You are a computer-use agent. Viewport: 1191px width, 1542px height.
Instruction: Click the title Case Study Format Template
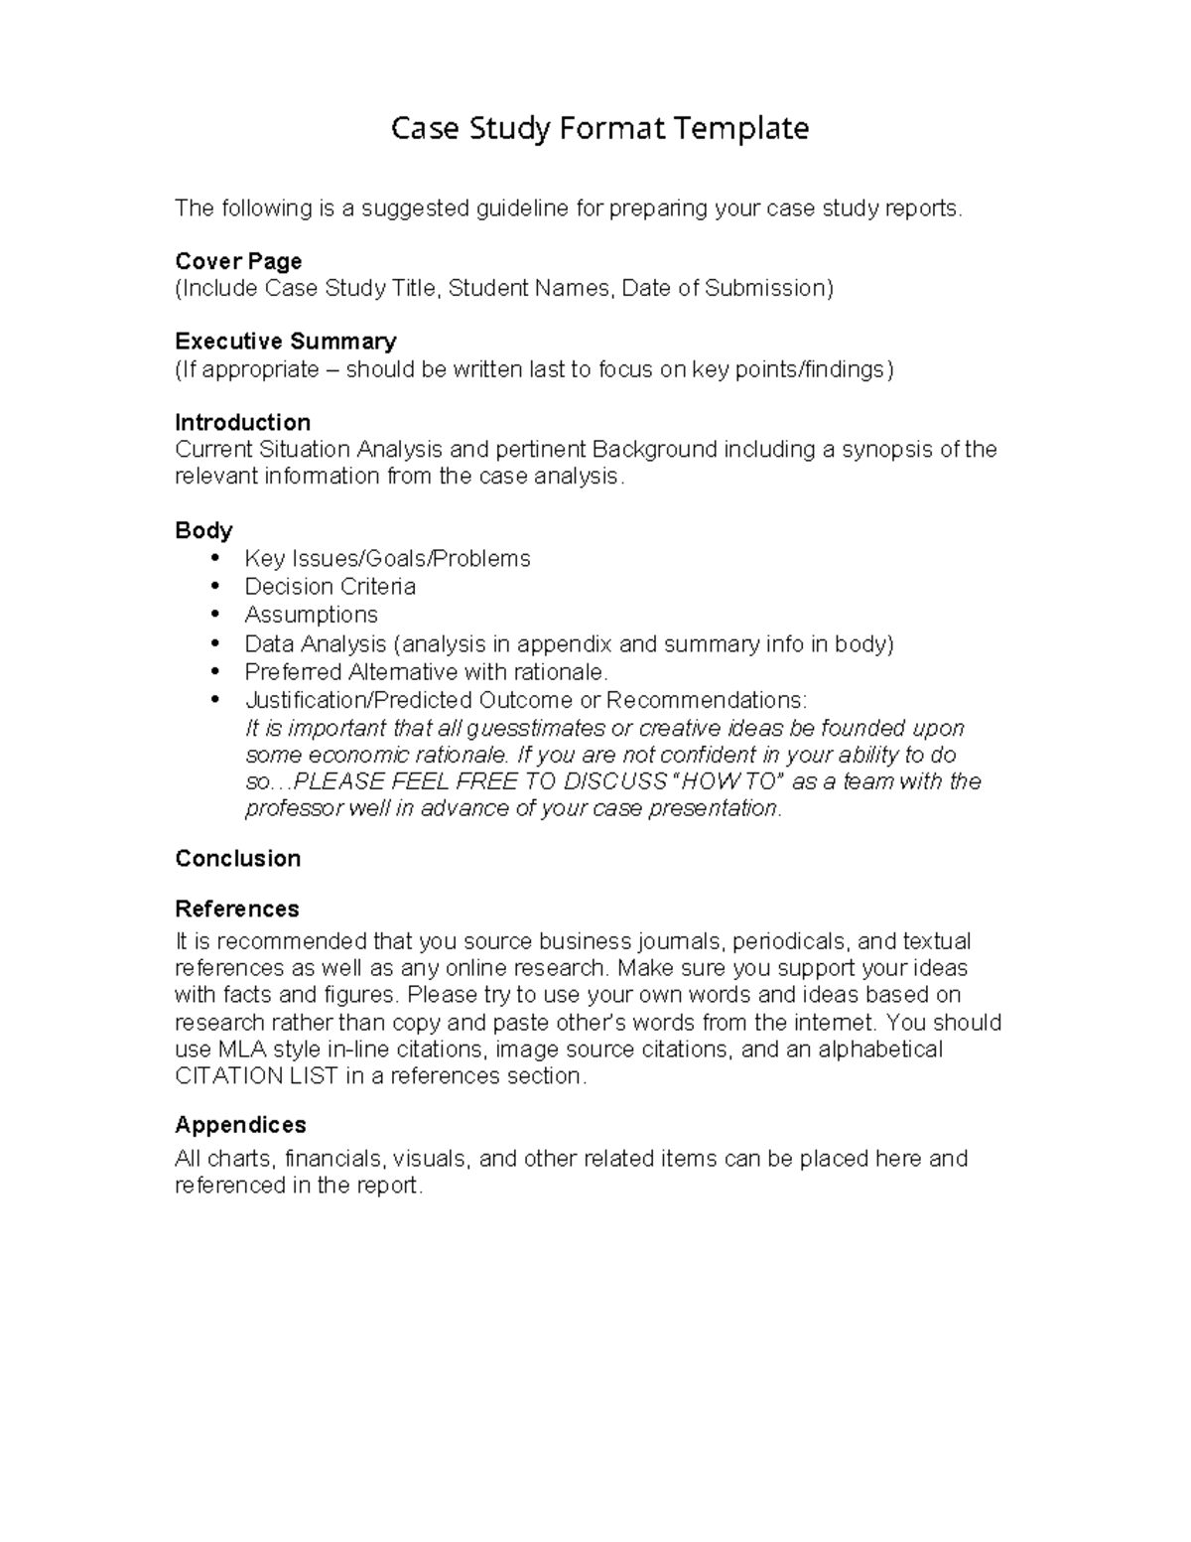pos(599,128)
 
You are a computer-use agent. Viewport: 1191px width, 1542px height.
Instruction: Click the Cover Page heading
pos(238,261)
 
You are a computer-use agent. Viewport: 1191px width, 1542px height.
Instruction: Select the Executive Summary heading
pos(286,342)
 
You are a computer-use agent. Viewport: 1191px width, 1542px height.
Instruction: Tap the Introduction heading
pos(242,422)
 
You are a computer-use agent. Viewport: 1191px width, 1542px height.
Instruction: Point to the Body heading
pos(203,530)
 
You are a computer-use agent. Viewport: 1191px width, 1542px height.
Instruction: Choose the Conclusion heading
pos(237,859)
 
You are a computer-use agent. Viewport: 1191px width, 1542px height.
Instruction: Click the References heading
pos(236,909)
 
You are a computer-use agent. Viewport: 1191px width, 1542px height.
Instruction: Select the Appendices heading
pos(240,1125)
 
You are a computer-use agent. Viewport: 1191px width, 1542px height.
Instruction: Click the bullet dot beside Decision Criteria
pos(215,587)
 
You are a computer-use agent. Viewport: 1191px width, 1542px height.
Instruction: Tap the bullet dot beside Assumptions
pos(215,615)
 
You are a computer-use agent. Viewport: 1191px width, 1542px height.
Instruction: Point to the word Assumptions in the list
pos(311,615)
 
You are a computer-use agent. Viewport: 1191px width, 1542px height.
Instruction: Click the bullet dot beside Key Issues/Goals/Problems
pos(215,558)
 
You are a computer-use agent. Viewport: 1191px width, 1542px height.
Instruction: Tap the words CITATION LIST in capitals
pos(256,1076)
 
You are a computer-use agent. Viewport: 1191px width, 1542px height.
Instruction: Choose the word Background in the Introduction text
pos(654,449)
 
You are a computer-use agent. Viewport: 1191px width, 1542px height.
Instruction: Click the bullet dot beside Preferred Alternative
pos(215,671)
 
